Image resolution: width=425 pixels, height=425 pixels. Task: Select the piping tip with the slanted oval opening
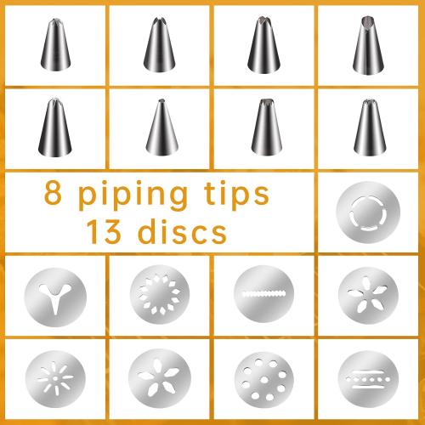[x=369, y=42]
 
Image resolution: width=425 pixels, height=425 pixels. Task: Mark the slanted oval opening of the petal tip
[x=369, y=18]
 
